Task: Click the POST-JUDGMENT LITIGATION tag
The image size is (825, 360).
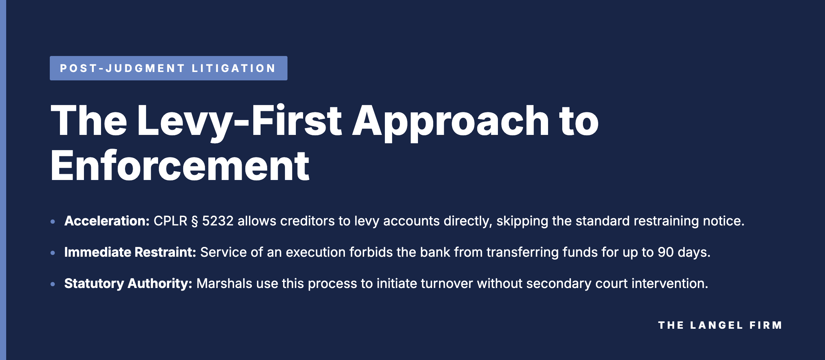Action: (168, 68)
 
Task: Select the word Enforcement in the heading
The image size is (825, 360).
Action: (180, 166)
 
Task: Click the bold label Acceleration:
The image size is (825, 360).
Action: (107, 221)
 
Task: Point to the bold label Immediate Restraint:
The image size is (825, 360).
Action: (130, 252)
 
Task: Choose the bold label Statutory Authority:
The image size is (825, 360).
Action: (128, 284)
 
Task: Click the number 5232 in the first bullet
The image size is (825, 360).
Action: (218, 221)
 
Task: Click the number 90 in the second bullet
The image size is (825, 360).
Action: (666, 252)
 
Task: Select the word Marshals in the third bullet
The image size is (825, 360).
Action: (224, 284)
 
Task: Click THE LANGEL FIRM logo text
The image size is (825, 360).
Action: (720, 325)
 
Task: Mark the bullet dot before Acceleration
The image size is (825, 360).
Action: (53, 221)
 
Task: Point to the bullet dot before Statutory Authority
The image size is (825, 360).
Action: (53, 284)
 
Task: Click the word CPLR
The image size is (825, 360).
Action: (170, 221)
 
